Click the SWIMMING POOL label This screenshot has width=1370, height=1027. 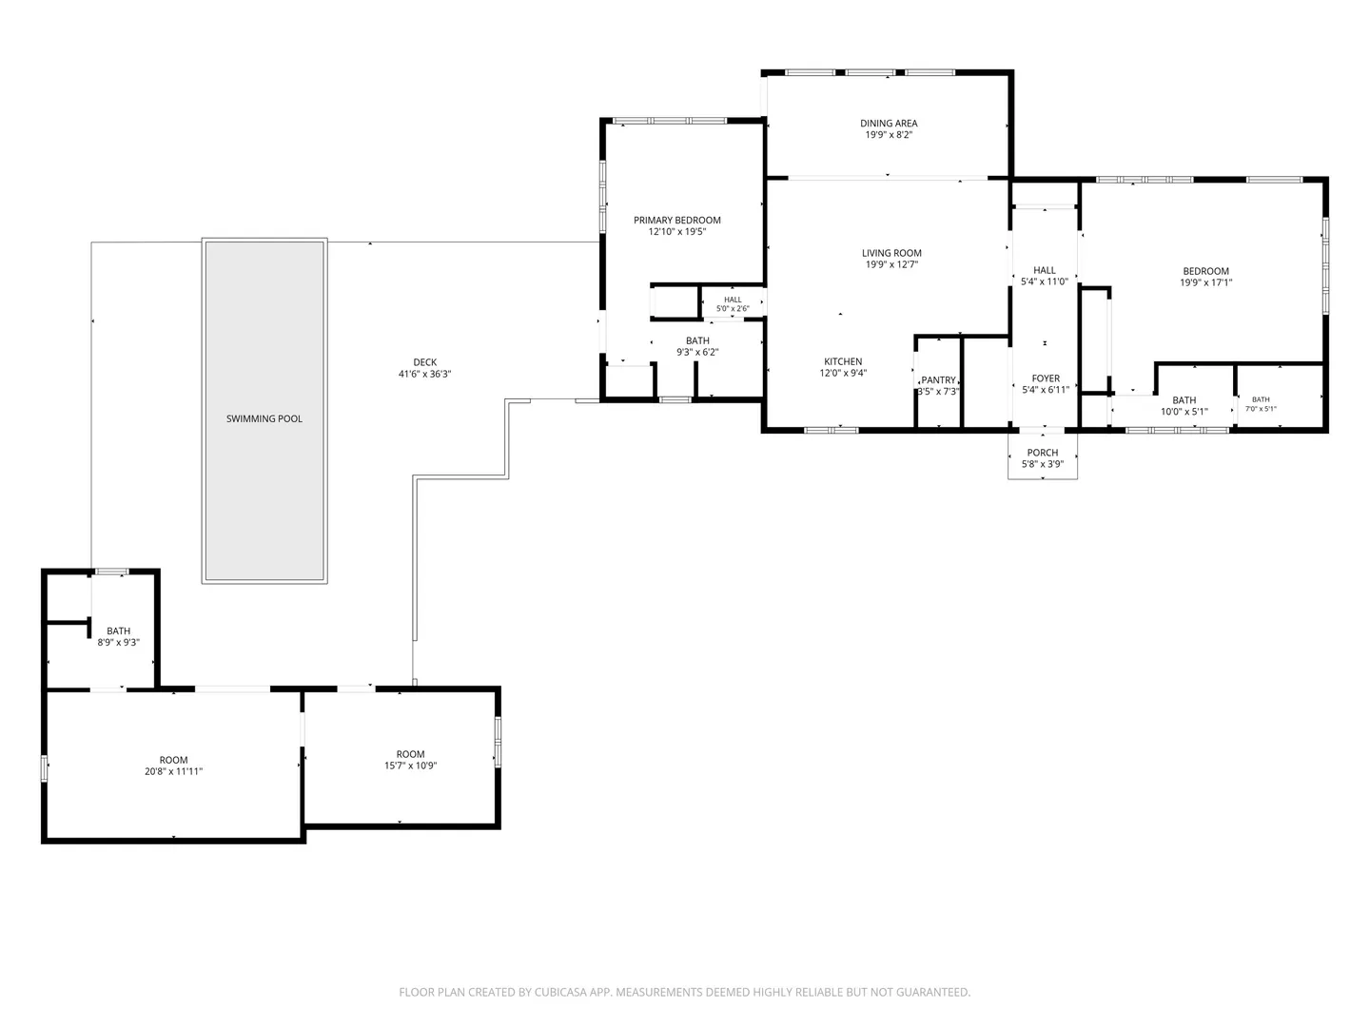point(264,418)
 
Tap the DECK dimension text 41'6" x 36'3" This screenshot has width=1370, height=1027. point(424,374)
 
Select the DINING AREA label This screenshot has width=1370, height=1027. point(889,124)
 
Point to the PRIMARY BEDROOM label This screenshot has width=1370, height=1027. point(676,220)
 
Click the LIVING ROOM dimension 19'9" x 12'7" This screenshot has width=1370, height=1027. point(891,264)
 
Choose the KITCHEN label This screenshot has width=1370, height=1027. point(843,361)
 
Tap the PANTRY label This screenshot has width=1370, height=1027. point(938,380)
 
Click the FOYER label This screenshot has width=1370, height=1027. point(1046,378)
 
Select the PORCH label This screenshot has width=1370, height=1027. point(1043,453)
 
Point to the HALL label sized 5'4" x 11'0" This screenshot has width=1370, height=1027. point(1045,270)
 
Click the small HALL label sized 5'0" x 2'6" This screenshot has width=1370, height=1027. point(733,300)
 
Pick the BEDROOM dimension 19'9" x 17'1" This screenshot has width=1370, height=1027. point(1205,282)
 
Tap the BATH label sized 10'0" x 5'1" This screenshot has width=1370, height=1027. point(1184,400)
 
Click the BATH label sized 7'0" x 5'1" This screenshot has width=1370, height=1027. point(1261,399)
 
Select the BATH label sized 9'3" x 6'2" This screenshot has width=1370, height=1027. point(697,341)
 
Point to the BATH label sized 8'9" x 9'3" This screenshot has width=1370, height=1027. point(118,631)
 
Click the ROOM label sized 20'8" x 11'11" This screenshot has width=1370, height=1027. point(173,760)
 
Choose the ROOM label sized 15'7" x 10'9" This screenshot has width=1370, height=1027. point(410,754)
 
